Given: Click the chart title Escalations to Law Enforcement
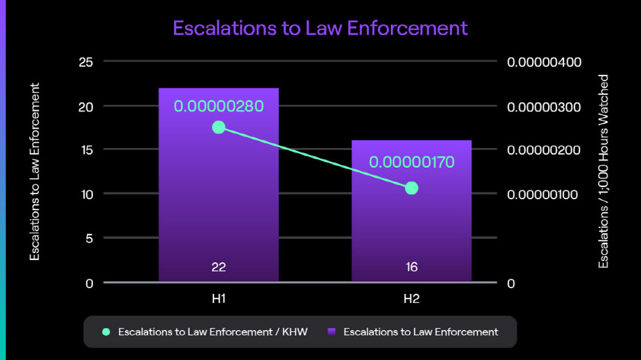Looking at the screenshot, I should click(x=320, y=28).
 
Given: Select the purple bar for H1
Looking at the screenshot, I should click(x=219, y=192).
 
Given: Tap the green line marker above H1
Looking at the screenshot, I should click(x=219, y=127).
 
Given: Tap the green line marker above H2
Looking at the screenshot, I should click(x=412, y=188).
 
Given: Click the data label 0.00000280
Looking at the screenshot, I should click(x=219, y=106).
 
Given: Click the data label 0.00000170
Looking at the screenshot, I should click(x=412, y=162).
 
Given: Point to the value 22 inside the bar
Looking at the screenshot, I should click(x=219, y=267).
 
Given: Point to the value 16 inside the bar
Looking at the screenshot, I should click(x=412, y=267).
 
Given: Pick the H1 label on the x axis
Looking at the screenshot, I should click(x=219, y=299).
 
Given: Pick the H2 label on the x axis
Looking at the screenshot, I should click(x=412, y=299).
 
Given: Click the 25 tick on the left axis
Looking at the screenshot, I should click(x=87, y=62).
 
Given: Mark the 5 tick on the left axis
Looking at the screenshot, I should click(x=89, y=238).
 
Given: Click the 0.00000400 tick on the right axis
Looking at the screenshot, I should click(x=544, y=62).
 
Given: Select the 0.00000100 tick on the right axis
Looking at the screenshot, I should click(x=544, y=194).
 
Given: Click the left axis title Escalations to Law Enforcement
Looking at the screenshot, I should click(x=35, y=172).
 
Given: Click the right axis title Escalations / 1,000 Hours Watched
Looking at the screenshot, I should click(x=603, y=172).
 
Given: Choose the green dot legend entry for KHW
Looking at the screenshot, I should click(x=106, y=332).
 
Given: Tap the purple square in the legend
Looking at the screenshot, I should click(x=331, y=332).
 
